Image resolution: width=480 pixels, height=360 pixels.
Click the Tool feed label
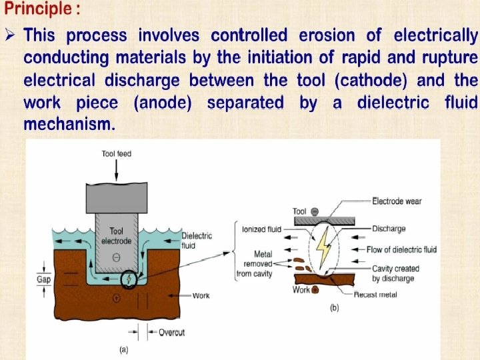117,154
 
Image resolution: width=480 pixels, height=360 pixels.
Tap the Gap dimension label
43,279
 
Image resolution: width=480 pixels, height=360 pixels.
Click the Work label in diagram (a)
201,295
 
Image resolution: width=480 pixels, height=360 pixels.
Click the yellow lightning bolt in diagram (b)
323,248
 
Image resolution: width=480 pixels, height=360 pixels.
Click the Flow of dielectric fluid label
401,249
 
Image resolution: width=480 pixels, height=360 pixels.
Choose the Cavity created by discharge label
393,273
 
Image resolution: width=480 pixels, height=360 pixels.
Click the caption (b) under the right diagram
335,309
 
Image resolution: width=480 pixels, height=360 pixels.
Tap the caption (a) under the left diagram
123,348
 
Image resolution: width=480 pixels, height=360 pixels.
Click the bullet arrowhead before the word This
10,35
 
